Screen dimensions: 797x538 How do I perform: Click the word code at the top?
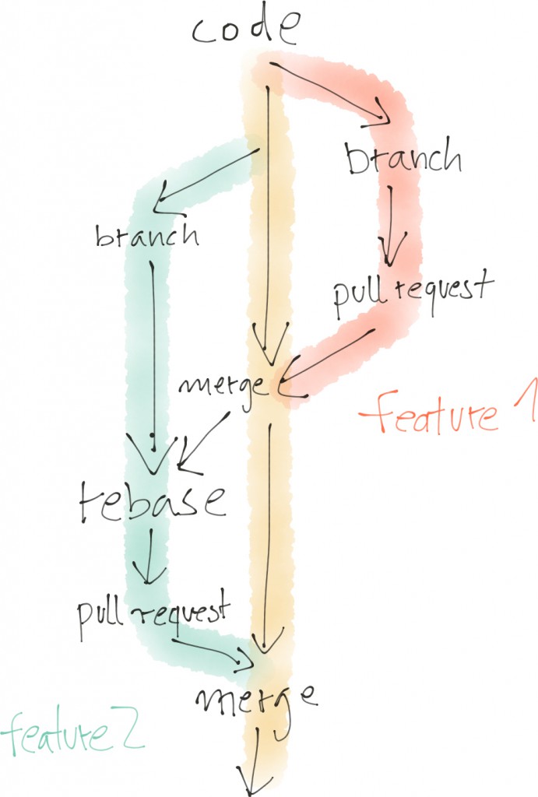[245, 30]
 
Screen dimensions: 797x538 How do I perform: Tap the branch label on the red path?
[403, 159]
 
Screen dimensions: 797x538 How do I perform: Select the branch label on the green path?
[146, 234]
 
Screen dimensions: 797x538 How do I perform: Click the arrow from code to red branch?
[331, 91]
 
